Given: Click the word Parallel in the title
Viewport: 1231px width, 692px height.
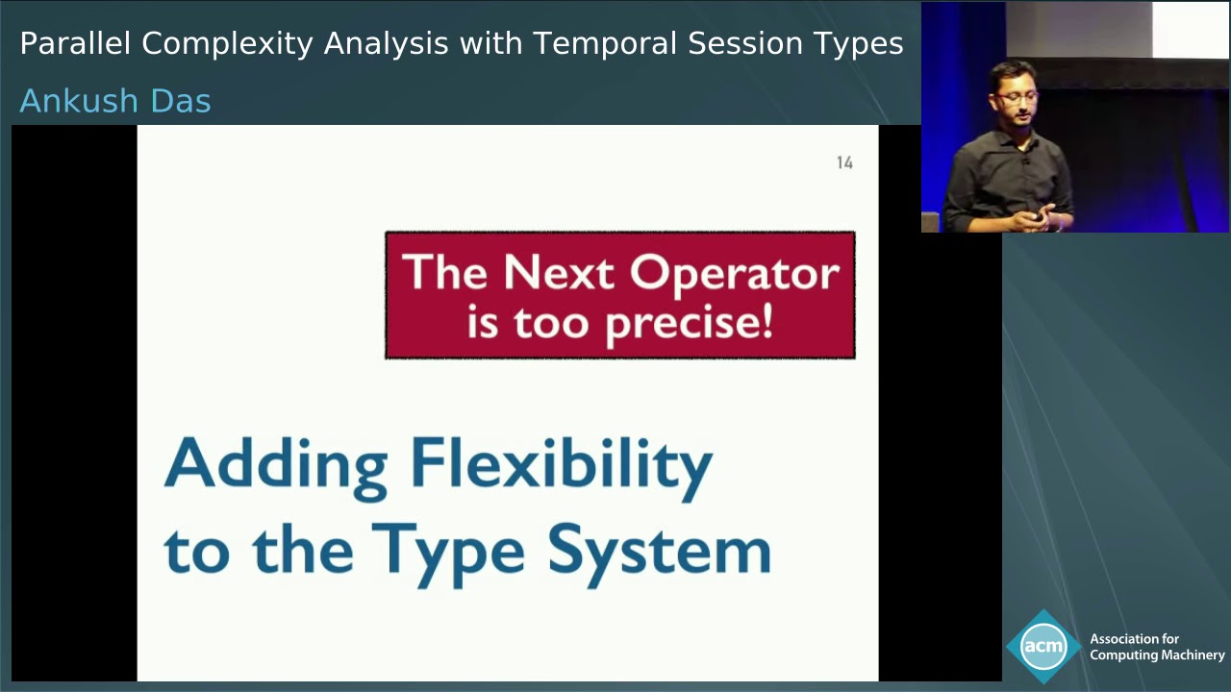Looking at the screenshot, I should click(x=76, y=43).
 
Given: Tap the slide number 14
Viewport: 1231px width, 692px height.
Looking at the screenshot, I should click(x=844, y=163).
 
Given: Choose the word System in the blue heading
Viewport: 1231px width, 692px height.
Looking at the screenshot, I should click(x=659, y=551).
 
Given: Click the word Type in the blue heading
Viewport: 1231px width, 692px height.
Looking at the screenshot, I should click(x=448, y=551).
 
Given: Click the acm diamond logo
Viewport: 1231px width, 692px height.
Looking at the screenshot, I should click(x=1043, y=646).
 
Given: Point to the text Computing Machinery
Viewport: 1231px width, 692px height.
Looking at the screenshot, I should click(x=1157, y=655).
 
